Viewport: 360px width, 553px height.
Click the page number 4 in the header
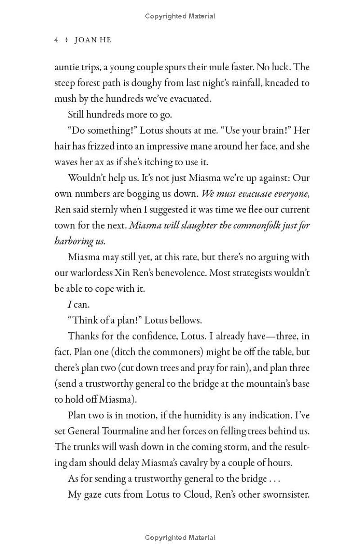pos(56,40)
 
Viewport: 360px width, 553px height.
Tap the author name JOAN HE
pos(93,40)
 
